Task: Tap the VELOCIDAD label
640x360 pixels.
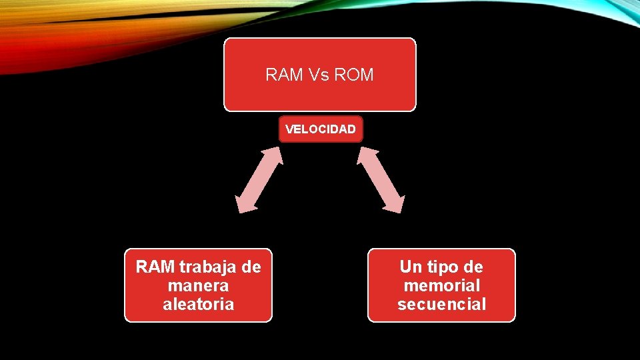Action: [321, 129]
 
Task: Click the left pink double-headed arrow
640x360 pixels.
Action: [260, 180]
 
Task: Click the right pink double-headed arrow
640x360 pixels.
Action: [381, 180]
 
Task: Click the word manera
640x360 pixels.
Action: [199, 286]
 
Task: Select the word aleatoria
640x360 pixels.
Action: [199, 305]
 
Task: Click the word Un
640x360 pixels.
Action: [411, 267]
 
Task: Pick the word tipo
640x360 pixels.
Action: [441, 267]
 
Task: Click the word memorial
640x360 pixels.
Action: [441, 286]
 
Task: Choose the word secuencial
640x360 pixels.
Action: [441, 305]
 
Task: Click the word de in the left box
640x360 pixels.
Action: [251, 267]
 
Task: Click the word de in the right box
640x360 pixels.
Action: [473, 267]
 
